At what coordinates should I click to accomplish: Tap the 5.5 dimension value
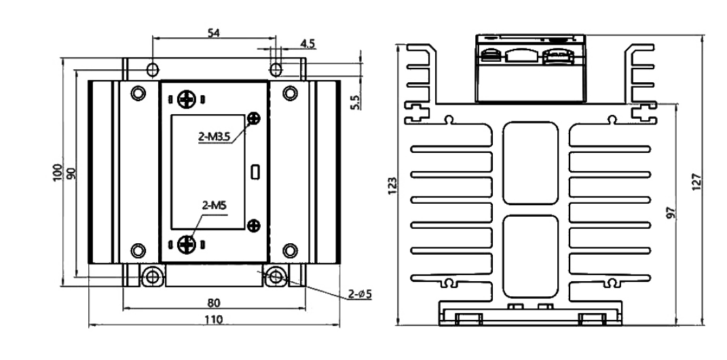tap(355, 101)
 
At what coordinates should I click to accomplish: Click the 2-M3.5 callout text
tap(216, 137)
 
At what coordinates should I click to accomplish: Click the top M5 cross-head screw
tap(185, 101)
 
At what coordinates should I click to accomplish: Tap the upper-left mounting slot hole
tap(153, 69)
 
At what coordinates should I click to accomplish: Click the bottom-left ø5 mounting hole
tap(153, 276)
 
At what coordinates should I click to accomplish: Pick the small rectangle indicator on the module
tap(255, 171)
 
